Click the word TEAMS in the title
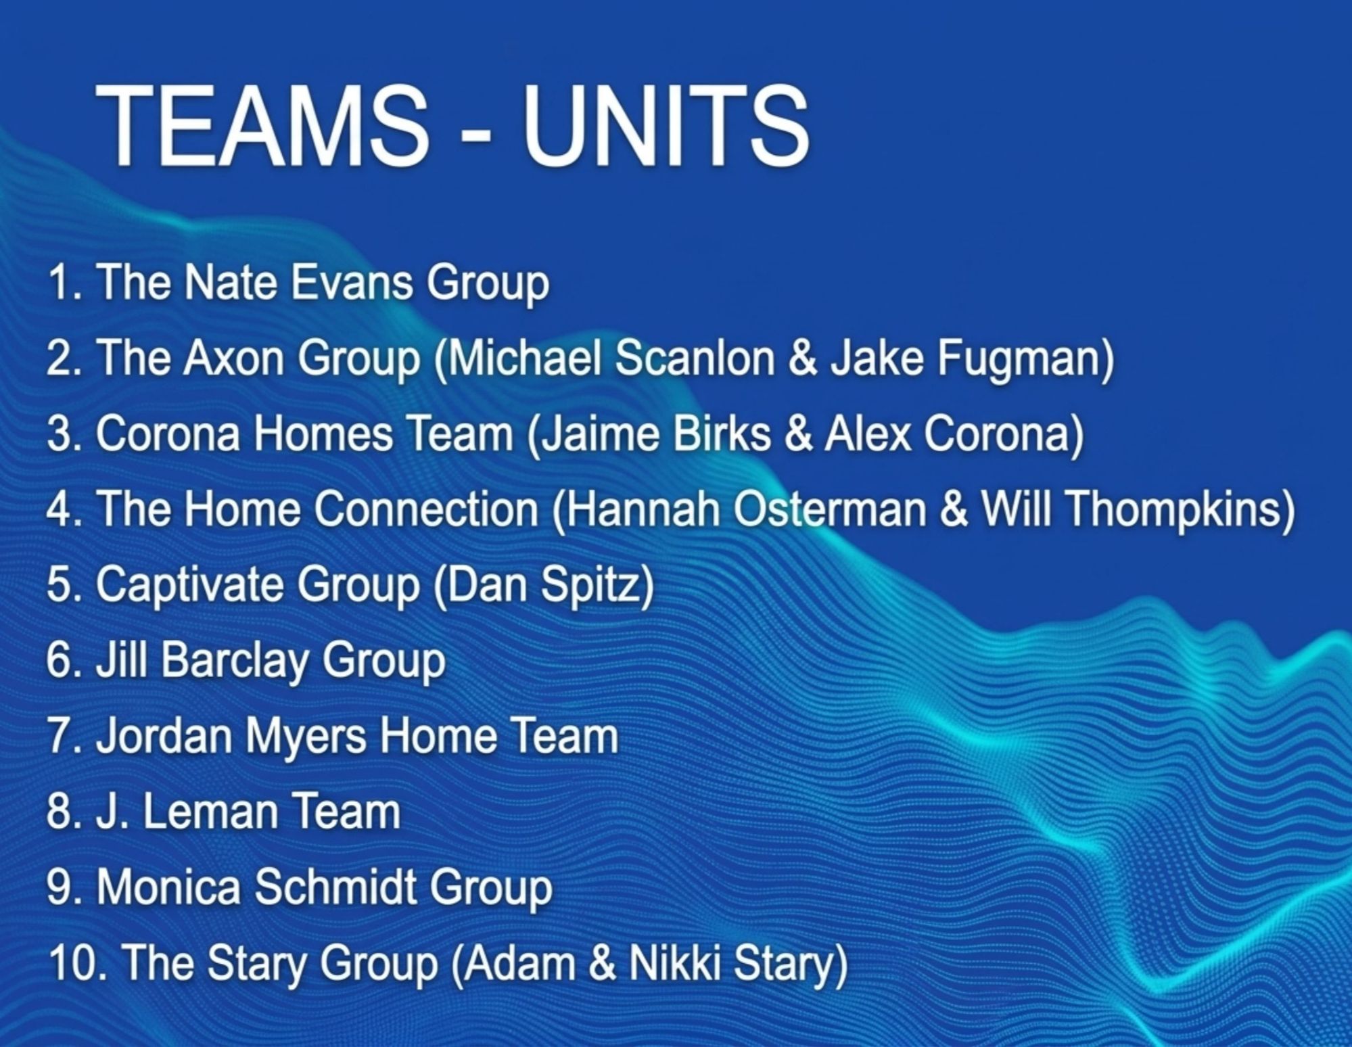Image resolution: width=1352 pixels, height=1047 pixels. [262, 126]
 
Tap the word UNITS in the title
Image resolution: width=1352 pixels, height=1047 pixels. [666, 126]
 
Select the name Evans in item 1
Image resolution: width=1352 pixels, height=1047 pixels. [351, 282]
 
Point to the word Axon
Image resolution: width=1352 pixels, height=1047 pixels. [233, 358]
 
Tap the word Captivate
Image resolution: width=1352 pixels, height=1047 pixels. [190, 584]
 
